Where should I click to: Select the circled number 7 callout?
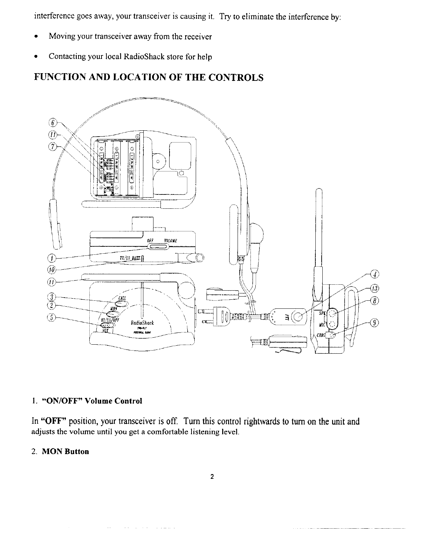tap(51, 147)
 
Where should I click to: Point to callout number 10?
tap(51, 269)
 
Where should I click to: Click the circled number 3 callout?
tap(51, 297)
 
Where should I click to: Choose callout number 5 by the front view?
tap(51, 317)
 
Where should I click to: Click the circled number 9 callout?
tap(375, 323)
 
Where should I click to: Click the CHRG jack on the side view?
tap(332, 335)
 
